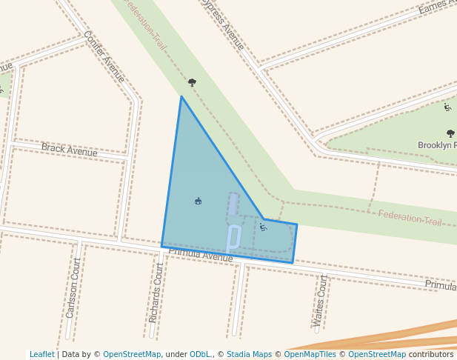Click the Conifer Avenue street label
tap(104, 56)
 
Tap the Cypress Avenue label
tap(222, 24)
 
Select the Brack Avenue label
tap(69, 150)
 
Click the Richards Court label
tap(156, 292)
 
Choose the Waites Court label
tap(320, 300)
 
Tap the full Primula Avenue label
tap(201, 255)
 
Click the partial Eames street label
tap(436, 7)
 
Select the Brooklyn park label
tap(436, 145)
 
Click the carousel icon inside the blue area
tap(198, 201)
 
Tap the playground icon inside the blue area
tap(263, 227)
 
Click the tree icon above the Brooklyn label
tap(450, 133)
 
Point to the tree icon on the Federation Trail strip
tap(192, 82)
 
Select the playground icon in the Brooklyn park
tap(447, 107)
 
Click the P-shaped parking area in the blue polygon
tap(233, 236)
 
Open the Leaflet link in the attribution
tap(41, 354)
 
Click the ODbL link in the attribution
tap(200, 354)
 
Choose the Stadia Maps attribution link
tap(249, 354)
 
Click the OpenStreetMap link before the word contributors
tap(377, 354)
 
